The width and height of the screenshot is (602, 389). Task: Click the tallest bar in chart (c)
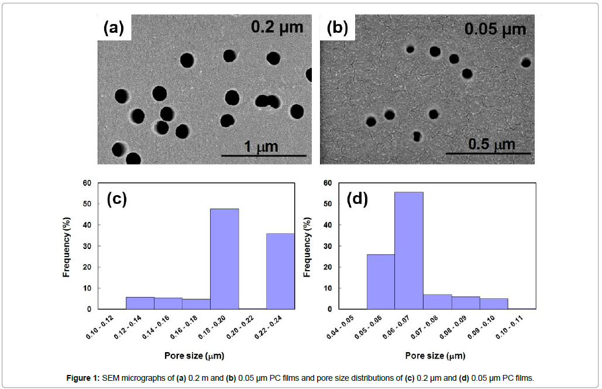click(224, 258)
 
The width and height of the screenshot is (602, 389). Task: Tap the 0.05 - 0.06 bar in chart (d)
click(380, 281)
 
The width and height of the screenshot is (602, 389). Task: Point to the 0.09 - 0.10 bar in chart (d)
click(494, 303)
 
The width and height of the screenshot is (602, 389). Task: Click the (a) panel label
click(113, 28)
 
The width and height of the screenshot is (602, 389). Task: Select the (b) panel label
click(338, 28)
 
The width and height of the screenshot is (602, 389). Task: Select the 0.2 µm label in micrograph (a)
click(277, 26)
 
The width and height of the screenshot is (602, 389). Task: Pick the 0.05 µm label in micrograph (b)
click(495, 28)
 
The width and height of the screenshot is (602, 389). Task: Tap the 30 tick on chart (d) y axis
click(327, 246)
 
